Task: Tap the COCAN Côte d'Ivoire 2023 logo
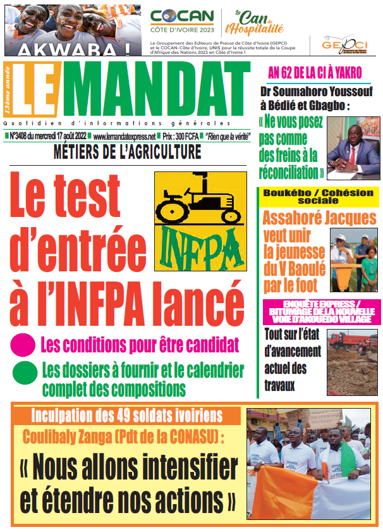182,22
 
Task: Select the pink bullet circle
23,345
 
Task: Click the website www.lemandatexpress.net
124,136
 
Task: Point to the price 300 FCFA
179,136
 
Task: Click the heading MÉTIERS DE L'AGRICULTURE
128,152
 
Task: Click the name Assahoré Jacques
319,219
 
